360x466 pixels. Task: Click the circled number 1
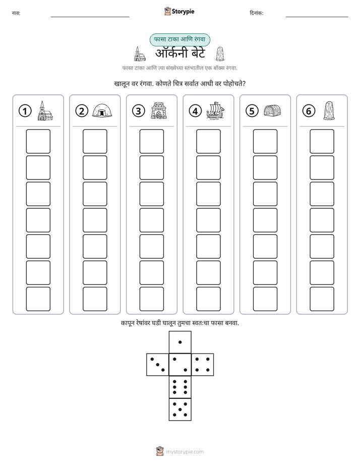click(x=25, y=111)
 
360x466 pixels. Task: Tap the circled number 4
click(x=195, y=111)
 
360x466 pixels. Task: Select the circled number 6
click(x=309, y=111)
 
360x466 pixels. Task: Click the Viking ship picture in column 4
click(x=215, y=111)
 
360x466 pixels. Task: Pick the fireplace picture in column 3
click(x=159, y=110)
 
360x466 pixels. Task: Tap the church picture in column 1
click(x=45, y=110)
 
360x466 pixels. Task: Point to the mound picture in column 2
click(x=102, y=111)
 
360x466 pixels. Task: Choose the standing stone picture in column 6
click(x=329, y=110)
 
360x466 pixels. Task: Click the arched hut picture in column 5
click(x=272, y=110)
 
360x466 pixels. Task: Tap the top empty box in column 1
click(x=38, y=141)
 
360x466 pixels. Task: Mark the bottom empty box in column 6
click(x=322, y=299)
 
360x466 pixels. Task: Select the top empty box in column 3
click(x=151, y=141)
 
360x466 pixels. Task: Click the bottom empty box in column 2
click(x=95, y=299)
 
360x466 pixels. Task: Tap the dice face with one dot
click(x=180, y=342)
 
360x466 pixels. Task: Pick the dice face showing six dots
click(x=180, y=387)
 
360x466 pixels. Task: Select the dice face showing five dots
click(x=180, y=410)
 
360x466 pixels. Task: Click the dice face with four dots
click(x=203, y=365)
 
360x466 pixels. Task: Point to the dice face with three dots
click(x=158, y=365)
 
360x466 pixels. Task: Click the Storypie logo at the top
click(x=179, y=11)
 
